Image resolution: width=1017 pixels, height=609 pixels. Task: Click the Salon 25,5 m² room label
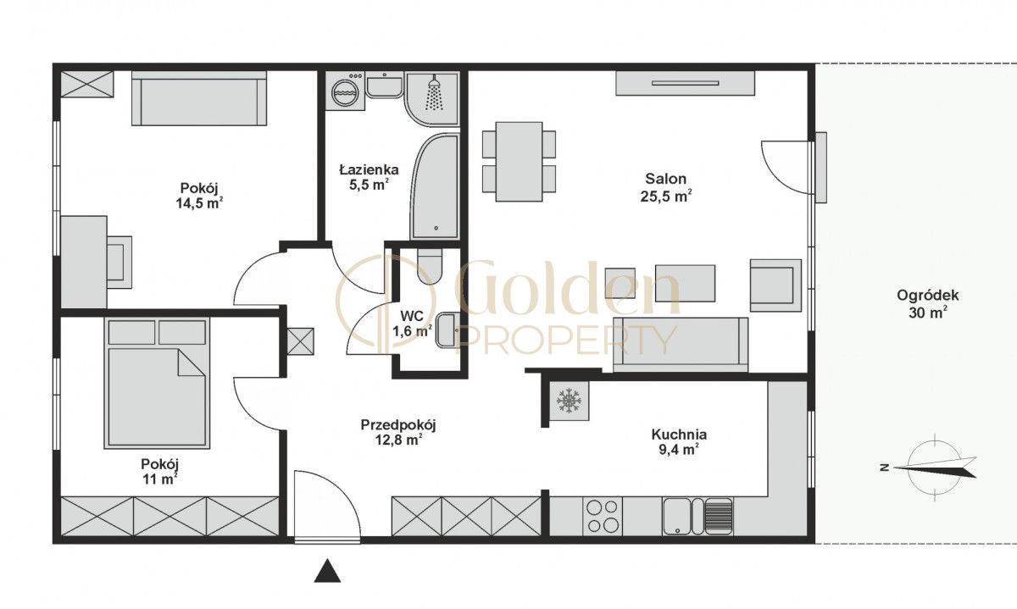pyautogui.click(x=666, y=187)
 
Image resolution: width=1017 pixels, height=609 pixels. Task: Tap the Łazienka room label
pyautogui.click(x=370, y=169)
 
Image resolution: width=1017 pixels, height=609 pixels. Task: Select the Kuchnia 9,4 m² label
pyautogui.click(x=679, y=442)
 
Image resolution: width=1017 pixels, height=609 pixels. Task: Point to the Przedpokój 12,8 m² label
pyautogui.click(x=398, y=432)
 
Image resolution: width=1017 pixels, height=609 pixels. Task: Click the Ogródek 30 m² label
pyautogui.click(x=927, y=303)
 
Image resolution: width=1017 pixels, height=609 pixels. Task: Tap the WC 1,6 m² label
pyautogui.click(x=412, y=323)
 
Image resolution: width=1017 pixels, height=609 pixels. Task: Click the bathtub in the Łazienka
pyautogui.click(x=435, y=186)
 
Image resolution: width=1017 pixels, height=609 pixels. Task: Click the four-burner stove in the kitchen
pyautogui.click(x=603, y=516)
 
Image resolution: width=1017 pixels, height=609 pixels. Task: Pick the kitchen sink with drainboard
pyautogui.click(x=697, y=516)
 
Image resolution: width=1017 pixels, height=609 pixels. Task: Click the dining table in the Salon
pyautogui.click(x=519, y=162)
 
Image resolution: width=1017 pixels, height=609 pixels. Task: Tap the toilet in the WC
pyautogui.click(x=429, y=266)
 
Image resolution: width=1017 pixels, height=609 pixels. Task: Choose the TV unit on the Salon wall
pyautogui.click(x=685, y=83)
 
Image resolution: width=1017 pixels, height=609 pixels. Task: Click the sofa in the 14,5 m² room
pyautogui.click(x=199, y=98)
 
